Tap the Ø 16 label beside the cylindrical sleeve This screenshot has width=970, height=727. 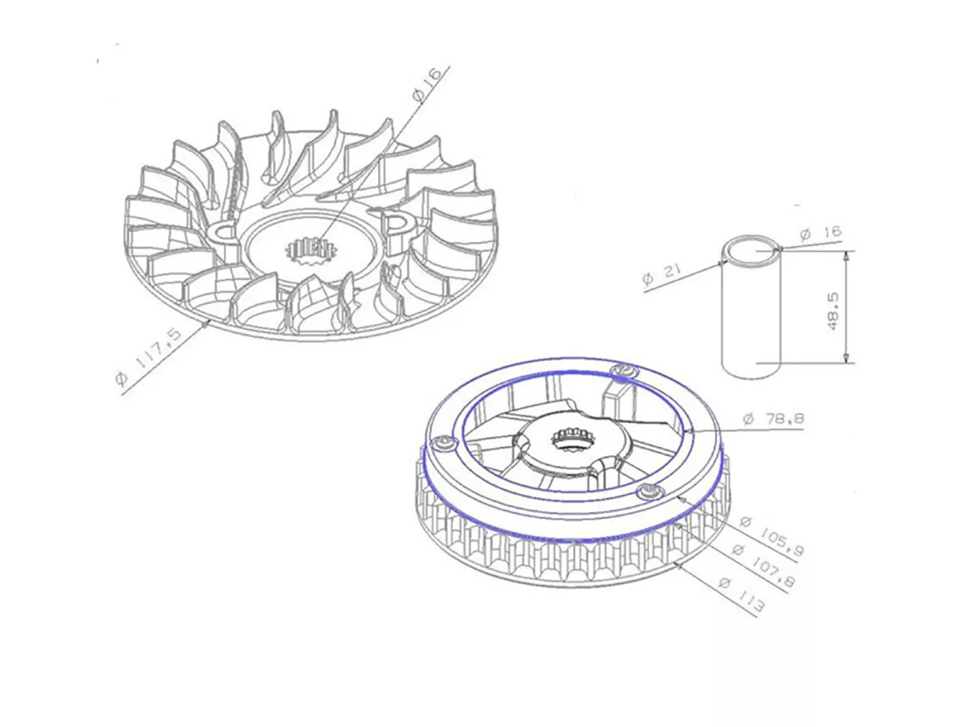tap(820, 234)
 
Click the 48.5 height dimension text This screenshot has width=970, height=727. tap(835, 308)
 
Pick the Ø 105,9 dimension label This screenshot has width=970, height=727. tap(772, 536)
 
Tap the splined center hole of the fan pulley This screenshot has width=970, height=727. tap(310, 246)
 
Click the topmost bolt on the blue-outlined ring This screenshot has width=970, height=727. tap(624, 370)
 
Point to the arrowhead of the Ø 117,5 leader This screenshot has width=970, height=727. tap(209, 323)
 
